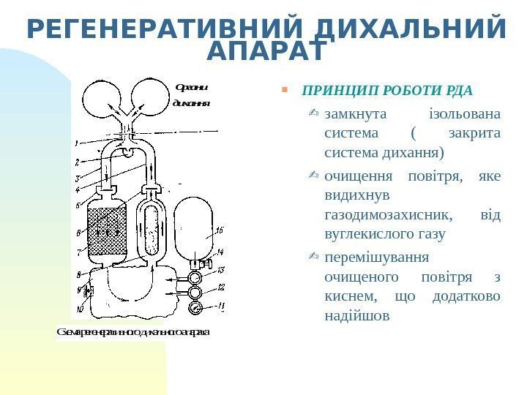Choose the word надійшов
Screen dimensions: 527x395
tap(356, 317)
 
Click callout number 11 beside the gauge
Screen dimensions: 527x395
tap(221, 306)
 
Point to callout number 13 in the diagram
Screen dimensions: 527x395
tap(221, 269)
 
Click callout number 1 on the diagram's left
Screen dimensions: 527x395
tap(76, 142)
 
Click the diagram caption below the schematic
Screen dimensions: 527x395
tap(132, 332)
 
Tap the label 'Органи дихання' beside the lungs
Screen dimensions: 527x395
tap(190, 95)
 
